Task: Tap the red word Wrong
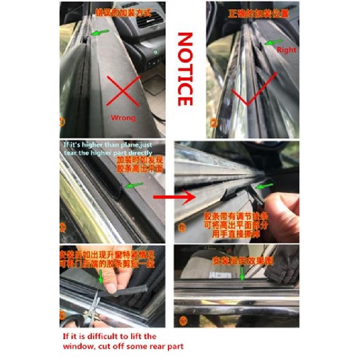point(123,117)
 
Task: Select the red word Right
point(286,50)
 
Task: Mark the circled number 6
point(182,321)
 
